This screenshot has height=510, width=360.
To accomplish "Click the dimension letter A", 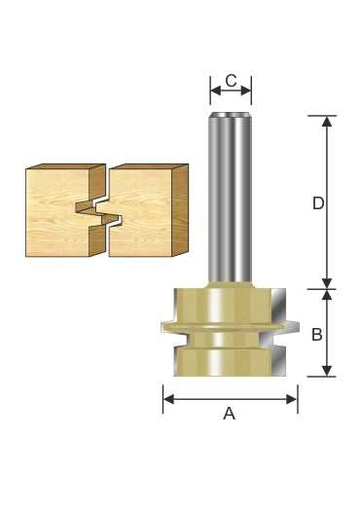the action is (230, 414).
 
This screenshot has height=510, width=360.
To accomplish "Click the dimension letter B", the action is (317, 334).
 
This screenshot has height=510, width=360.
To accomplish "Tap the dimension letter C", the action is (231, 81).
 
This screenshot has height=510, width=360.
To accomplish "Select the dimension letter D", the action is (318, 203).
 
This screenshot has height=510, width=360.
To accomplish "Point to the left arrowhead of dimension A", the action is (168, 399).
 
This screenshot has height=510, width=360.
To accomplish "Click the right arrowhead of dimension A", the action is (292, 399).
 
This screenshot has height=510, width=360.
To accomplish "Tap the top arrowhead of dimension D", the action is (327, 121).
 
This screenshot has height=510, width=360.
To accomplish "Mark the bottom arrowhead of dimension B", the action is (327, 371).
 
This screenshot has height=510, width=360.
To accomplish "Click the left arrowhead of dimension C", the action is (216, 91).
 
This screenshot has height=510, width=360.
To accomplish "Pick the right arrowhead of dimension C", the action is (246, 91).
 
